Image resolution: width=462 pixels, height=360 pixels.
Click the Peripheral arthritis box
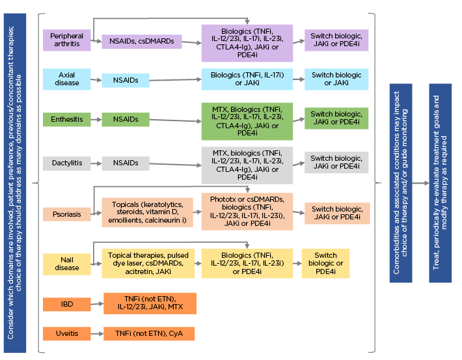click(x=66, y=40)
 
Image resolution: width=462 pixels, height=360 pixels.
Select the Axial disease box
click(x=66, y=79)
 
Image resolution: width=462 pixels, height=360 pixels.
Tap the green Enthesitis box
click(x=66, y=119)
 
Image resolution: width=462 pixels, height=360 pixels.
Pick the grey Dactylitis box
click(x=66, y=163)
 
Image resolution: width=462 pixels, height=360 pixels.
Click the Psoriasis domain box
click(x=66, y=213)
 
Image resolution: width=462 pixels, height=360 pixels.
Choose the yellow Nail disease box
click(x=66, y=263)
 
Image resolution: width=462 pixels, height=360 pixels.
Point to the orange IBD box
click(x=66, y=304)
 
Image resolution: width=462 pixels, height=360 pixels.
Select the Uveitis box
click(x=66, y=334)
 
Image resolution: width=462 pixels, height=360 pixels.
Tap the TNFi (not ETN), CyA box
click(x=149, y=334)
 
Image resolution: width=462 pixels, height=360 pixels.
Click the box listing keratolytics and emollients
click(x=148, y=212)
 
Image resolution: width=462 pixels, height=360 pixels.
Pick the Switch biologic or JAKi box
click(x=336, y=79)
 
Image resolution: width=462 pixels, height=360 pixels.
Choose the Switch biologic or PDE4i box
click(x=325, y=264)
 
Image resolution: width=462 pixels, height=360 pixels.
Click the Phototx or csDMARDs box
click(x=247, y=212)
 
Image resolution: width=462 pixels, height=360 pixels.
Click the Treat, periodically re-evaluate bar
click(x=440, y=183)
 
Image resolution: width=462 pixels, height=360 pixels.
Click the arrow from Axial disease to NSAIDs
click(x=96, y=80)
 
